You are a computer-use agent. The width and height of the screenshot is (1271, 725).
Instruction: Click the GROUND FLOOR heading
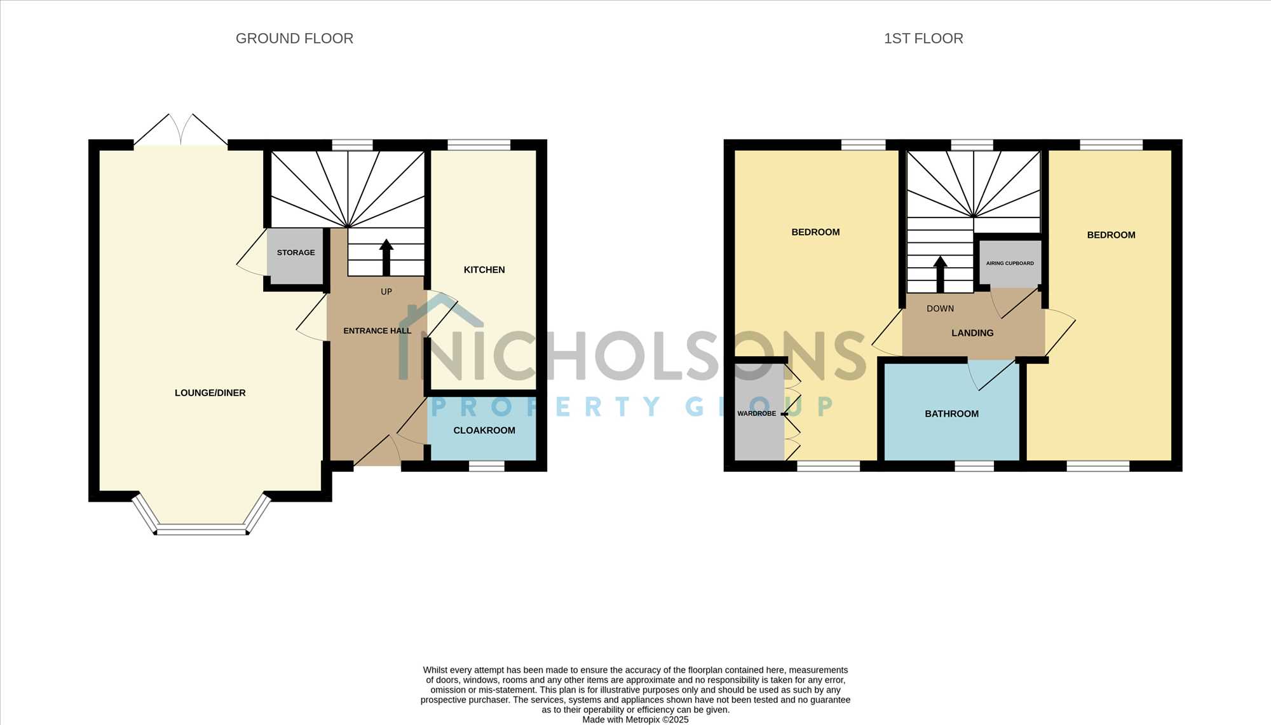coord(294,38)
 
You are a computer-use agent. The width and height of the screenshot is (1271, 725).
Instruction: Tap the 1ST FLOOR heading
coord(923,38)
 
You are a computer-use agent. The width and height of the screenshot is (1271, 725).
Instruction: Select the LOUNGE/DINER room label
coord(210,393)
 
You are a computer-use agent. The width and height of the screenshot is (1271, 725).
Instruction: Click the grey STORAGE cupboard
coord(296,256)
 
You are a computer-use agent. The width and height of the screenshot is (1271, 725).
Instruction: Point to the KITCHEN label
coord(484,270)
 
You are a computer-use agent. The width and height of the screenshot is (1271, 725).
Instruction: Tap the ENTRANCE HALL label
coord(377,331)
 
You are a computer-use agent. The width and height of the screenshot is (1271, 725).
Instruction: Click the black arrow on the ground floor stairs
coord(386,257)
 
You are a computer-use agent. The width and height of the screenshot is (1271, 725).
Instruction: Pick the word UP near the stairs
coord(386,292)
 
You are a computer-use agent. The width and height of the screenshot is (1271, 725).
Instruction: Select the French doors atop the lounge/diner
coord(181,130)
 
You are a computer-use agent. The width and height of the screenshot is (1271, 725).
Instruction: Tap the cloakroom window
coord(487,466)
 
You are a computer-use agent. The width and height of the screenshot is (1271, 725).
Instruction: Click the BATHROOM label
coord(951,414)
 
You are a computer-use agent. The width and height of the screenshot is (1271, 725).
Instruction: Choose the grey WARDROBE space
coord(759,412)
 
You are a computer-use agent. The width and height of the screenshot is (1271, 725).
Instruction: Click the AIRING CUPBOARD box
coord(1010,263)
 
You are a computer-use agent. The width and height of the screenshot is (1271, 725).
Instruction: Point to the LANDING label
coord(972,333)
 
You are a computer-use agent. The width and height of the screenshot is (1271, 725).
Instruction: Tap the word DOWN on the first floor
coord(940,308)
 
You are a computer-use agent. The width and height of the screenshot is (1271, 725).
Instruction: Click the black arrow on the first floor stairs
coord(941,274)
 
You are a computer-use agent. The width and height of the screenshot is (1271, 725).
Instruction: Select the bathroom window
coord(974,466)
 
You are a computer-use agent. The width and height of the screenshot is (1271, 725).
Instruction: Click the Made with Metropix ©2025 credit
coord(635,720)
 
